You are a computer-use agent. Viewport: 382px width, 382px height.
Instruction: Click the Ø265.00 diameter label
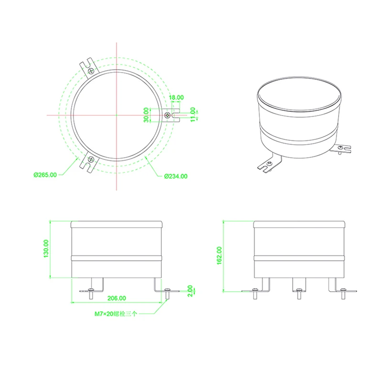pos(45,175)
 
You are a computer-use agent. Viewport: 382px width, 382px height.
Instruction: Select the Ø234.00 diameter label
pos(176,176)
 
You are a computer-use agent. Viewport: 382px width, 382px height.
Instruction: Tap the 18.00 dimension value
pos(176,97)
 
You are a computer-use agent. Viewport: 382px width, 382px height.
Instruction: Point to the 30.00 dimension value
pos(146,115)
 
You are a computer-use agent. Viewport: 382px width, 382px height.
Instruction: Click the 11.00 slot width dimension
pos(193,115)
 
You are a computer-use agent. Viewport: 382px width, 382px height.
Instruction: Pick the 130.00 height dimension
pos(46,248)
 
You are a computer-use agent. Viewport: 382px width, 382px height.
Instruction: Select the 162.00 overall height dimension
pos(219,255)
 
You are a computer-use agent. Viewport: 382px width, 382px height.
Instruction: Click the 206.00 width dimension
pos(117,298)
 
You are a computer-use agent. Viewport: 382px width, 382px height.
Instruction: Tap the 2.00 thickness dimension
pos(190,291)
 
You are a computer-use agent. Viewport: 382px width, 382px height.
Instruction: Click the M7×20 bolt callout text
pos(116,314)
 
